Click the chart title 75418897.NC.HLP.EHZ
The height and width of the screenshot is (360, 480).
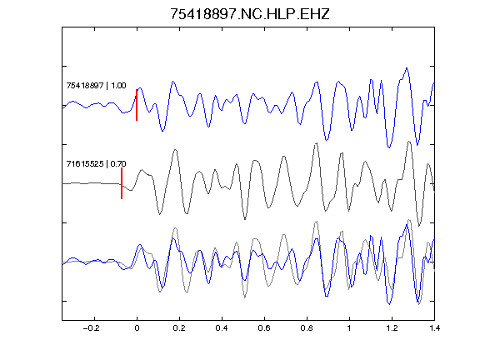[x=249, y=14]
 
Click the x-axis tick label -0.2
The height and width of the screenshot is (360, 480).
[x=92, y=328]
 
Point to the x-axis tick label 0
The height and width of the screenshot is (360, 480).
[x=137, y=328]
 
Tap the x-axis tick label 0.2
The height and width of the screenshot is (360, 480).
[x=179, y=328]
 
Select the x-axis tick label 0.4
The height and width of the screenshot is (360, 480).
[x=222, y=328]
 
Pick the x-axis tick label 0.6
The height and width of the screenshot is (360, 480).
[x=264, y=328]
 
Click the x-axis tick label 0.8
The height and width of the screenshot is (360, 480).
[x=307, y=328]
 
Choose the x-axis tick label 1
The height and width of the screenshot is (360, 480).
[x=349, y=328]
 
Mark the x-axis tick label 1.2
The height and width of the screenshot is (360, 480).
[x=392, y=328]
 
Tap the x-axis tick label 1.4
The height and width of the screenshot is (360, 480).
[x=434, y=328]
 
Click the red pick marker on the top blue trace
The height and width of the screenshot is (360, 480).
[x=137, y=105]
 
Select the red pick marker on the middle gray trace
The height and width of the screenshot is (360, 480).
[x=122, y=183]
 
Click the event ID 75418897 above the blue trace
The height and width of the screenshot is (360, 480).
[x=85, y=85]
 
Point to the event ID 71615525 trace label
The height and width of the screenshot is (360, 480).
[x=85, y=164]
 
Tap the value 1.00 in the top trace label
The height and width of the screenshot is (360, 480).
[x=118, y=85]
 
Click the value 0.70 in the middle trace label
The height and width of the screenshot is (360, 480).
[x=118, y=164]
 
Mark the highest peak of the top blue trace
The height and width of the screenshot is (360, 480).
[x=407, y=68]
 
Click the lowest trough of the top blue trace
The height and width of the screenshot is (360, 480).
[x=389, y=147]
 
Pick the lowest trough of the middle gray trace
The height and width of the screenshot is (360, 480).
[x=419, y=225]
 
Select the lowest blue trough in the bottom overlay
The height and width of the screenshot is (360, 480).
[x=389, y=304]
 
